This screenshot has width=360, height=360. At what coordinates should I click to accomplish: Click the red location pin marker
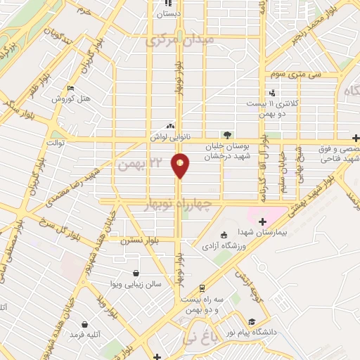point(181,165)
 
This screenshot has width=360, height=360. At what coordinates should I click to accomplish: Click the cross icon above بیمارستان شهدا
point(262,222)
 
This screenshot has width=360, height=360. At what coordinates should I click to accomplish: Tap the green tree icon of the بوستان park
point(226,134)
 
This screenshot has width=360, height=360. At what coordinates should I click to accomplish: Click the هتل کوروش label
point(72,99)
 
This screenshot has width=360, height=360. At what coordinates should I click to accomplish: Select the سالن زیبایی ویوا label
point(136,284)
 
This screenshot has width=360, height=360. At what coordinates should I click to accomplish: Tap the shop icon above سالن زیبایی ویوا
point(136,273)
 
